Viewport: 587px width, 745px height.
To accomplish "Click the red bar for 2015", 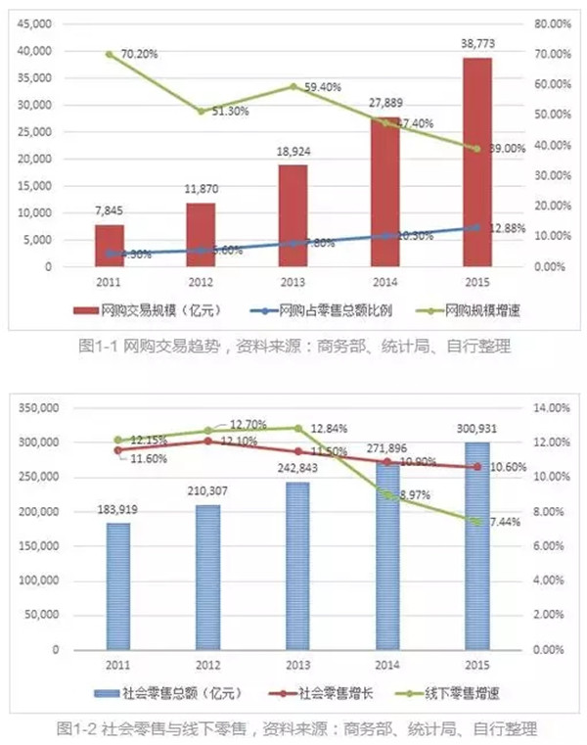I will click(x=477, y=162).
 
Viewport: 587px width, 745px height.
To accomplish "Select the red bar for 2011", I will click(x=110, y=245).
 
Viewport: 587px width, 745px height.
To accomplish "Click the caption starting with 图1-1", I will click(x=293, y=346).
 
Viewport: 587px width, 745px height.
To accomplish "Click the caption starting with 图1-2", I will click(x=293, y=729).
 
